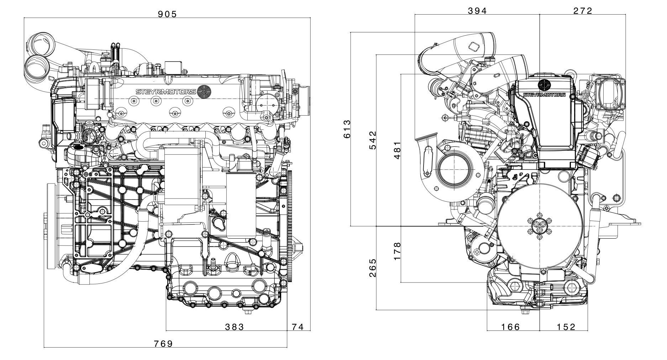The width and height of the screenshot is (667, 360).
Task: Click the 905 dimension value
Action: (x=167, y=14)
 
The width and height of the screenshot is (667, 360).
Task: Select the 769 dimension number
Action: (x=163, y=344)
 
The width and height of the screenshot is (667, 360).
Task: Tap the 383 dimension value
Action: (x=235, y=327)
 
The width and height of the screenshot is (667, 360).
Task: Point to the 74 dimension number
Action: (x=298, y=327)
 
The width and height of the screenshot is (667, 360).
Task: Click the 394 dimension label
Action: (x=477, y=11)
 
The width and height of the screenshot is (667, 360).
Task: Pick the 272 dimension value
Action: (x=583, y=11)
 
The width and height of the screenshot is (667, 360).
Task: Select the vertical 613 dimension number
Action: (x=347, y=129)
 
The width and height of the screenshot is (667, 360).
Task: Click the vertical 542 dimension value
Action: (x=372, y=141)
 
